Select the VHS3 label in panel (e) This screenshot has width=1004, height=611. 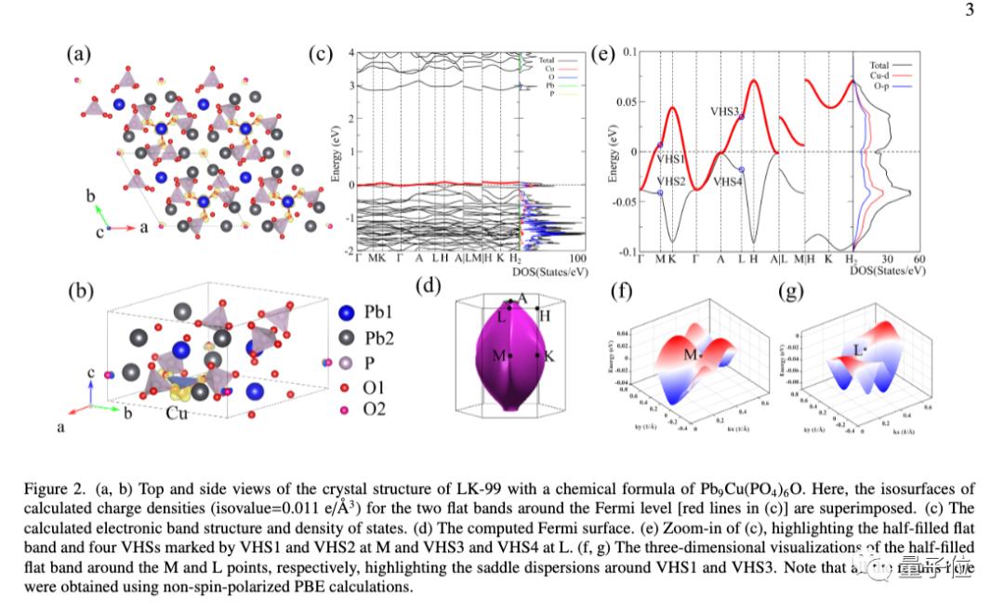[724, 112]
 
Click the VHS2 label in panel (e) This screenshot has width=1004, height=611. [671, 181]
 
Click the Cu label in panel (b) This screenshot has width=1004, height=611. [177, 412]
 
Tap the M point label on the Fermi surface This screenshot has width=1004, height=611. [498, 355]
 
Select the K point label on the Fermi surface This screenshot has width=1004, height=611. [548, 356]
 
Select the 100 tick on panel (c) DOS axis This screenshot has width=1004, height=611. [576, 259]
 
